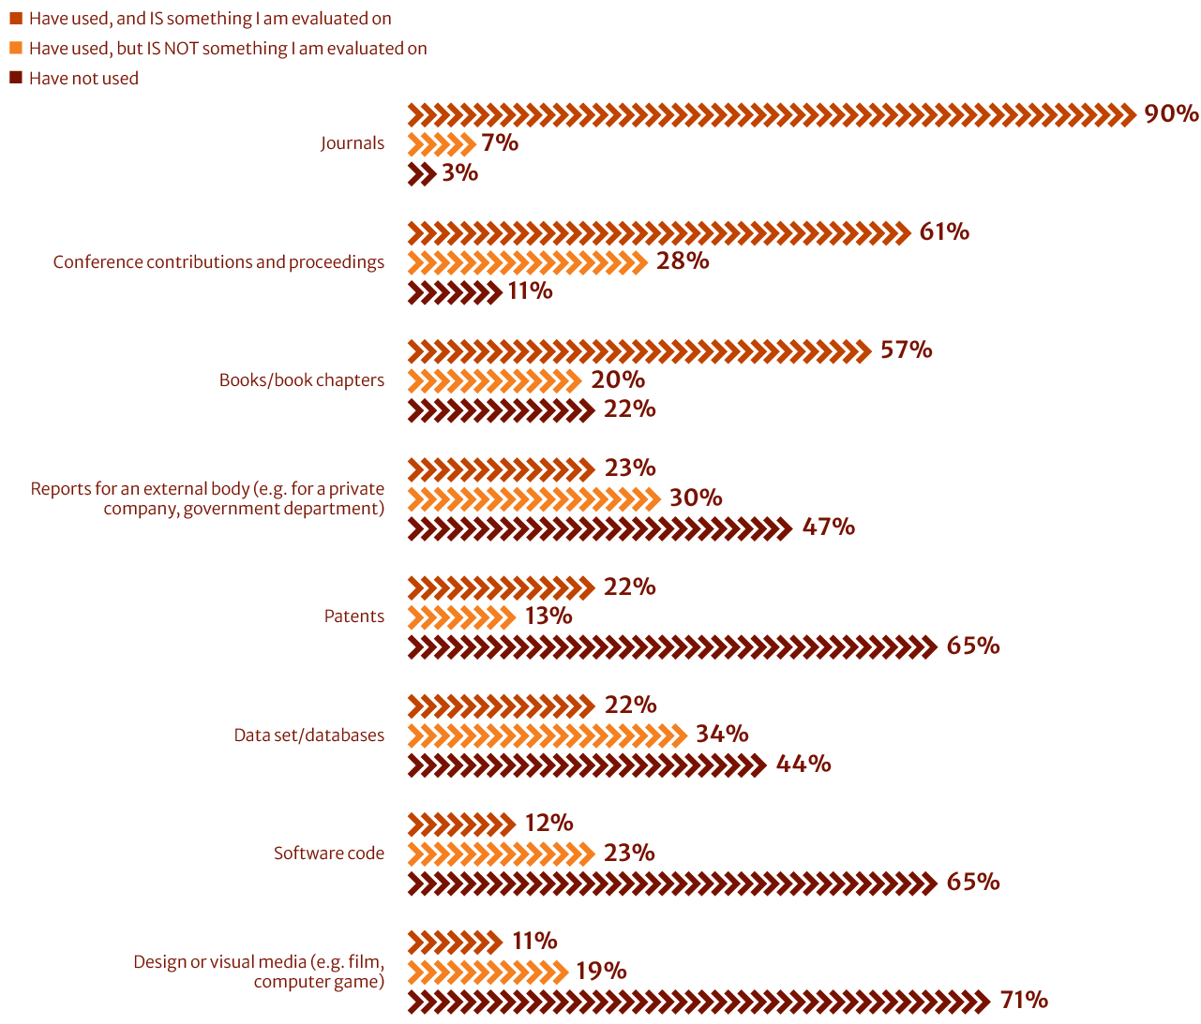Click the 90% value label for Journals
(1171, 114)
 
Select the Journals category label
(352, 143)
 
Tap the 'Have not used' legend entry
(83, 79)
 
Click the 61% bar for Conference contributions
(659, 232)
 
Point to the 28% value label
(683, 261)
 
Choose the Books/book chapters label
(301, 380)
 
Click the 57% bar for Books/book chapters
(639, 351)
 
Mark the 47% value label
(829, 527)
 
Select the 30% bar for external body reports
(534, 498)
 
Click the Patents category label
(353, 616)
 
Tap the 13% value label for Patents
(548, 616)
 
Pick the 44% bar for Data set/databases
(587, 764)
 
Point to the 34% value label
(722, 735)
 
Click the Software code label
(328, 853)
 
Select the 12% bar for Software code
(461, 824)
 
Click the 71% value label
(1024, 1001)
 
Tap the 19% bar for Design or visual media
(488, 972)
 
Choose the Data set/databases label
(308, 735)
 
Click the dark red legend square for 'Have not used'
(16, 78)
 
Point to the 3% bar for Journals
(422, 173)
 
